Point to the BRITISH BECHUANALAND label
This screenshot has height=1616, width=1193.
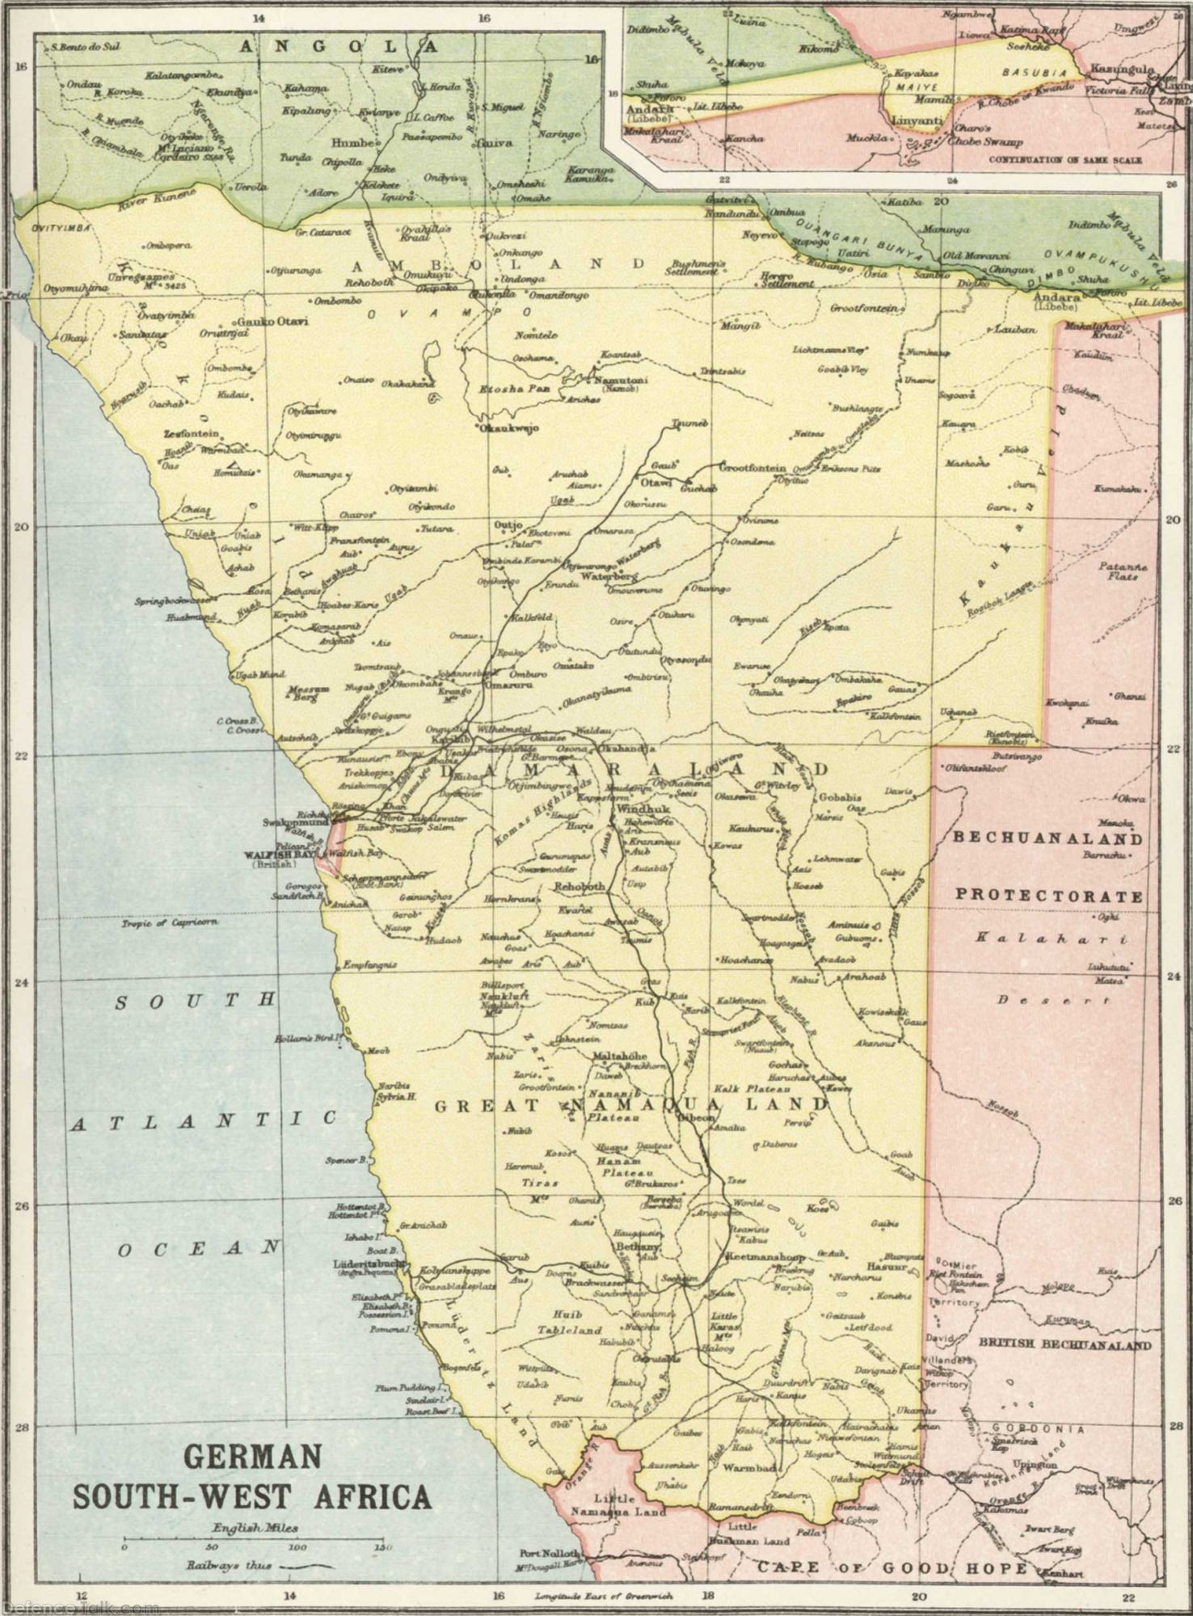point(1065,1344)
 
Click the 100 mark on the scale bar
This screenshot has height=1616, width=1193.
point(297,1547)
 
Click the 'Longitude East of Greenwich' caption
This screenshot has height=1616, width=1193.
point(604,1596)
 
